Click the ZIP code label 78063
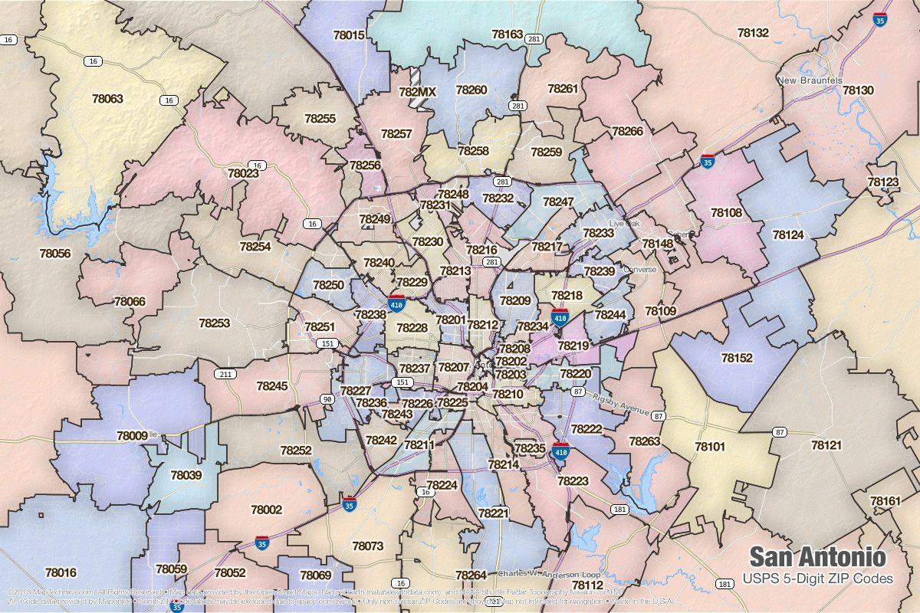coord(107,99)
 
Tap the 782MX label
coord(417,92)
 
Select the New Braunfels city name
coord(810,80)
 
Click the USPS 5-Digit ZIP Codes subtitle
coord(818,579)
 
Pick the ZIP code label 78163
coord(508,34)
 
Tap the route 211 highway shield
coord(225,374)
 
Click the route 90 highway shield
coord(327,399)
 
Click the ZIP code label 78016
coord(61,572)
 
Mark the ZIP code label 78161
coord(886,501)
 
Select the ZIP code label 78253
coord(214,323)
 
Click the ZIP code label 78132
coord(753,33)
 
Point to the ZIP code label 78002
coord(266,510)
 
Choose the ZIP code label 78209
coord(515,301)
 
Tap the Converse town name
coord(640,270)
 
